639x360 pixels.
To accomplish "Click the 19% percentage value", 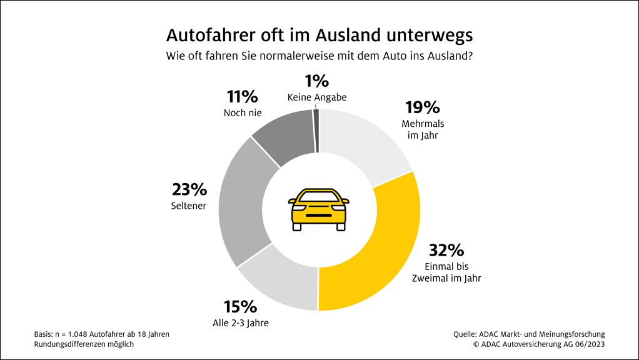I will point(423,108).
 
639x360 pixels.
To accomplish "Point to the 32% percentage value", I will point(446,251).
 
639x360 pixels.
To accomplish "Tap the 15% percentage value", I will point(240,307).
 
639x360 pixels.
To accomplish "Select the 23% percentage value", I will point(189,189).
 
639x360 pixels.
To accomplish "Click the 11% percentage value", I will point(242,97).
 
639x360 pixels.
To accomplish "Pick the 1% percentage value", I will point(316,81).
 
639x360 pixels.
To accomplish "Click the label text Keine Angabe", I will point(316,97).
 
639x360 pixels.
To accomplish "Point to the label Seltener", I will point(189,205).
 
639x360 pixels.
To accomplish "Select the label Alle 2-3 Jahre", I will point(240,322).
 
